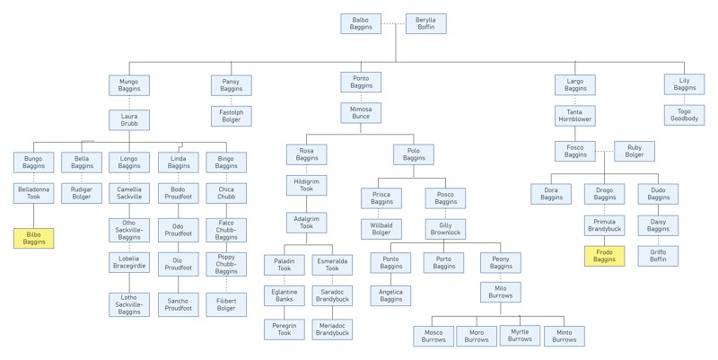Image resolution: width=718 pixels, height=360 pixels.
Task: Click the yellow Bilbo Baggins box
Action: click(x=33, y=238)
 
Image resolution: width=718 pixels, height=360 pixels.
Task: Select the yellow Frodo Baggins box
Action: click(x=604, y=256)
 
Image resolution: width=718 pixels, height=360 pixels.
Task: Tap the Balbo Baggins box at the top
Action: click(x=361, y=23)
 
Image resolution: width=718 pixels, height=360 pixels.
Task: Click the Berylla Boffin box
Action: click(x=425, y=23)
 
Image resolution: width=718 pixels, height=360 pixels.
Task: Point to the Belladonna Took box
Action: click(x=33, y=193)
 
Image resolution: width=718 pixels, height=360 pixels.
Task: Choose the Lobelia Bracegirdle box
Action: click(x=129, y=262)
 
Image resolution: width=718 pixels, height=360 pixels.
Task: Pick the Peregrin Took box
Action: click(x=284, y=329)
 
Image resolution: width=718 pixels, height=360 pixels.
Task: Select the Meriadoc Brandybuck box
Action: click(x=332, y=329)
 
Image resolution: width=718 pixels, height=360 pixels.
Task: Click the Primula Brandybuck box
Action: click(x=604, y=225)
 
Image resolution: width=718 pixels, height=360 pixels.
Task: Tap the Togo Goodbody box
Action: click(x=685, y=115)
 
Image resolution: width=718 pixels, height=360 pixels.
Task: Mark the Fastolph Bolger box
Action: click(x=232, y=116)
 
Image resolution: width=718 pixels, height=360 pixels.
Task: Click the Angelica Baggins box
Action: click(x=390, y=295)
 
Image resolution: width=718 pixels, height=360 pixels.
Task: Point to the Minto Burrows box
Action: click(x=565, y=336)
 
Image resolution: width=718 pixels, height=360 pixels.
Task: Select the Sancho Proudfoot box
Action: click(x=178, y=304)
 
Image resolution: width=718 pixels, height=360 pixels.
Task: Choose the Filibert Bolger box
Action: click(x=226, y=304)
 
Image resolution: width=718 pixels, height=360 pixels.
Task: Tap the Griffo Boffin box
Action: click(x=658, y=256)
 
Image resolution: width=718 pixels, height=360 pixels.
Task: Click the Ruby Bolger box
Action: click(x=635, y=151)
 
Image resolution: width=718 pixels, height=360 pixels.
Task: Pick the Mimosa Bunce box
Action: click(x=361, y=113)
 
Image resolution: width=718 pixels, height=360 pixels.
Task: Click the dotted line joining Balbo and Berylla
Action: click(x=394, y=24)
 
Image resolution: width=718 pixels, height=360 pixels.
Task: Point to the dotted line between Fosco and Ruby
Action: click(x=605, y=151)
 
